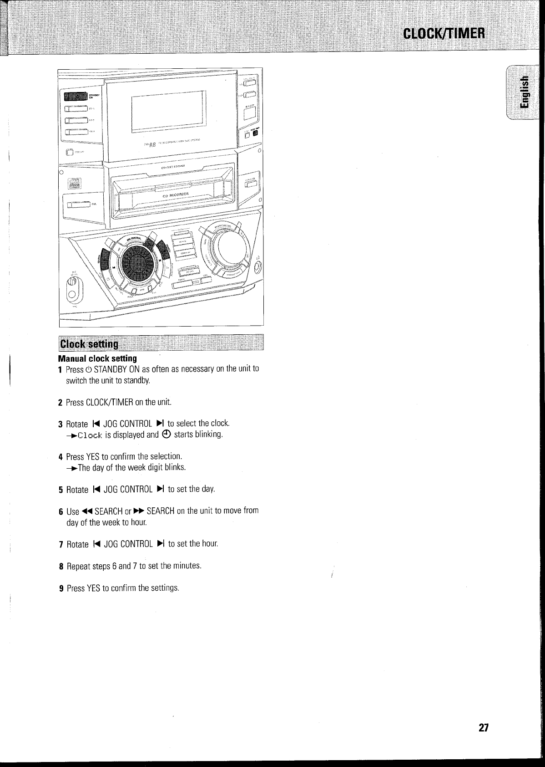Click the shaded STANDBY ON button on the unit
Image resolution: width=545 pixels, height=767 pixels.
pos(75,96)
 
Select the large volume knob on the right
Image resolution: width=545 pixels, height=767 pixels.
pos(223,248)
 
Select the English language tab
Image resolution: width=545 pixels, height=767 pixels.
pos(525,93)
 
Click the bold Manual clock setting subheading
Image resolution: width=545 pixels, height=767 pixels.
pos(97,358)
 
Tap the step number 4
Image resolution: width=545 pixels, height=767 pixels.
pos(60,457)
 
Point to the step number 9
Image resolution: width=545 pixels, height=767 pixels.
pos(61,588)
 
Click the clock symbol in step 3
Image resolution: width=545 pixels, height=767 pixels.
pos(167,435)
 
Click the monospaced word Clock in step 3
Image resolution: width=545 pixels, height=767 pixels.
pos(91,435)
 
